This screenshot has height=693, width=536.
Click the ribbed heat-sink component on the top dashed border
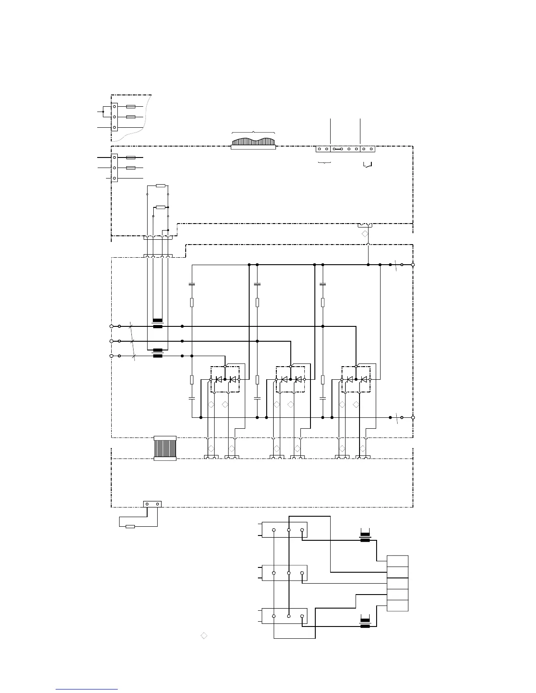pyautogui.click(x=253, y=143)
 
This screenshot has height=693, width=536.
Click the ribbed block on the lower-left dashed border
pyautogui.click(x=165, y=448)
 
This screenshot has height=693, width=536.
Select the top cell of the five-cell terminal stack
pyautogui.click(x=398, y=561)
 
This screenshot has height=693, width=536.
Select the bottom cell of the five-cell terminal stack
pyautogui.click(x=398, y=605)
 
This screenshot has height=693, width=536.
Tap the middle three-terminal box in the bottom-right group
pyautogui.click(x=285, y=573)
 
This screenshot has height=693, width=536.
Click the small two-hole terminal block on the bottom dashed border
pyautogui.click(x=152, y=504)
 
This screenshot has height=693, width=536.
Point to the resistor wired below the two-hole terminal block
pyautogui.click(x=130, y=526)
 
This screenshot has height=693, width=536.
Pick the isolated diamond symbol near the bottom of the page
pyautogui.click(x=204, y=635)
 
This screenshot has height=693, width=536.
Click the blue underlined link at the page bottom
pyautogui.click(x=86, y=689)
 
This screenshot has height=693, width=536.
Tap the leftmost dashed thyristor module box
pyautogui.click(x=225, y=379)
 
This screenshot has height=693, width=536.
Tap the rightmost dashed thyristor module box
pyautogui.click(x=356, y=379)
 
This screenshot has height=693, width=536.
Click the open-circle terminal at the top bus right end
pyautogui.click(x=413, y=265)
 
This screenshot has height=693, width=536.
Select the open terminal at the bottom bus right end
pyautogui.click(x=413, y=417)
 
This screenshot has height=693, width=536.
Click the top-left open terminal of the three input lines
pyautogui.click(x=111, y=326)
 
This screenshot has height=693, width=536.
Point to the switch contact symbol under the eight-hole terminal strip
pyautogui.click(x=367, y=165)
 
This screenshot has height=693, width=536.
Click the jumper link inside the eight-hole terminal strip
pyautogui.click(x=338, y=149)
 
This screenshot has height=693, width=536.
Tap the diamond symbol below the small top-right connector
pyautogui.click(x=365, y=234)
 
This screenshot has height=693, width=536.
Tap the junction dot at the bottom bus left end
pyautogui.click(x=201, y=417)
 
